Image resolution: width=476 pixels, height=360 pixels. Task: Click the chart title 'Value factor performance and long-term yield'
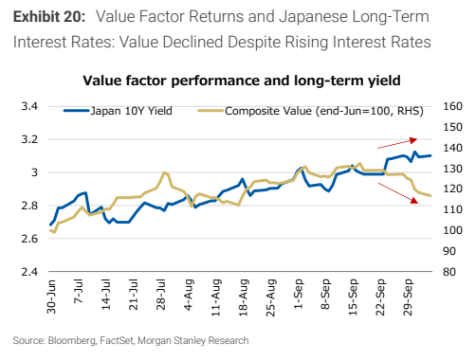pos(242,81)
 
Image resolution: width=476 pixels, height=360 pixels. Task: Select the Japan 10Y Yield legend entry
pos(118,111)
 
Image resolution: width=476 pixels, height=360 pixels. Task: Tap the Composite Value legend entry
pos(310,111)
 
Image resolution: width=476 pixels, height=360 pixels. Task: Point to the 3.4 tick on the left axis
pos(29,106)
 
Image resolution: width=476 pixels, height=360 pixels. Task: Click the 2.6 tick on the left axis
pos(29,239)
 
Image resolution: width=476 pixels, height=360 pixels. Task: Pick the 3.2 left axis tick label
pos(29,139)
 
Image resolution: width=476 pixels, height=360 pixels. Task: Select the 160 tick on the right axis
pos(452,106)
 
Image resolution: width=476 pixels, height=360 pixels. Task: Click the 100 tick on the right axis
pos(452,230)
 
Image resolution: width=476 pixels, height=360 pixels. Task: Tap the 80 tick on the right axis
pos(449,272)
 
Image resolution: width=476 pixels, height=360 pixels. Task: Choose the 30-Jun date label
pos(51,297)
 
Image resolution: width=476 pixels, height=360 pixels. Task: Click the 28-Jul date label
pos(161,295)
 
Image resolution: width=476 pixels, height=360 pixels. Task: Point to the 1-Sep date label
pos(298,294)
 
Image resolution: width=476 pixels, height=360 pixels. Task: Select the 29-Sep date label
pos(408,297)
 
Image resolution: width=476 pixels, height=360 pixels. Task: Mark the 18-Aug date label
pos(244,297)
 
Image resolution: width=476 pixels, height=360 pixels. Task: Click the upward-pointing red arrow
pos(397,143)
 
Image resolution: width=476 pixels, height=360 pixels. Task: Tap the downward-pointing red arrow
pos(398,193)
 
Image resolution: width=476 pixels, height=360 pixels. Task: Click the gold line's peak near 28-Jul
pos(164,172)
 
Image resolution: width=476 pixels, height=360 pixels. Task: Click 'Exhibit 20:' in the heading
pos(49,16)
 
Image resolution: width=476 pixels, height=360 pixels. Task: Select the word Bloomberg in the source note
pos(72,341)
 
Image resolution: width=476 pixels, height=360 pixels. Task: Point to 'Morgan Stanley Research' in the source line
pos(193,341)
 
